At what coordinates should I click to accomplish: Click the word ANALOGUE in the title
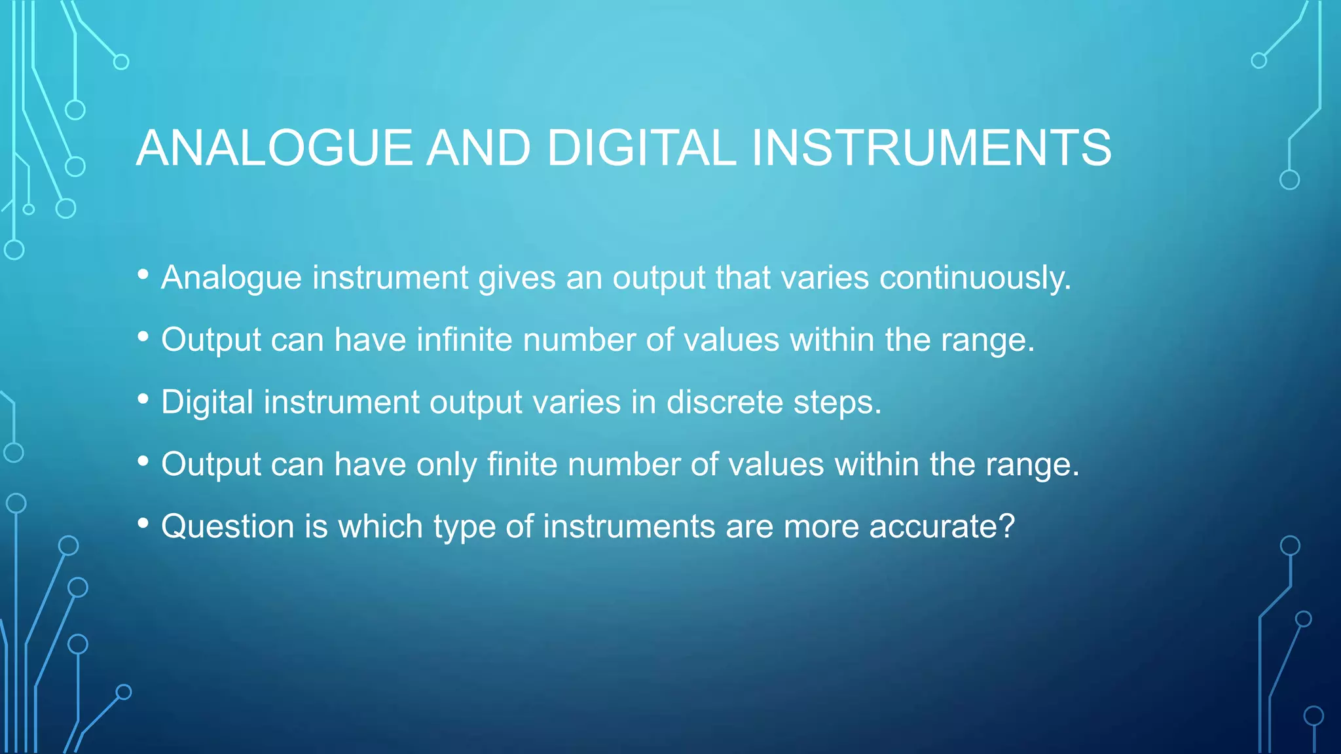pyautogui.click(x=274, y=148)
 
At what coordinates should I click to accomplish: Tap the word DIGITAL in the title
pyautogui.click(x=641, y=148)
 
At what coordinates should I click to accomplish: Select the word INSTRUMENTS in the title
pyautogui.click(x=931, y=148)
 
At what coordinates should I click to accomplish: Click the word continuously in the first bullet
pyautogui.click(x=975, y=278)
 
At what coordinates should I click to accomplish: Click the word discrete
pyautogui.click(x=724, y=403)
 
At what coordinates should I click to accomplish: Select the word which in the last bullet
pyautogui.click(x=380, y=527)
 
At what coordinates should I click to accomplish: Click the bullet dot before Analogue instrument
pyautogui.click(x=143, y=275)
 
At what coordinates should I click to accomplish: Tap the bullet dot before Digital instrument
pyautogui.click(x=143, y=399)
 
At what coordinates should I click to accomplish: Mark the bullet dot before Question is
pyautogui.click(x=143, y=524)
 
